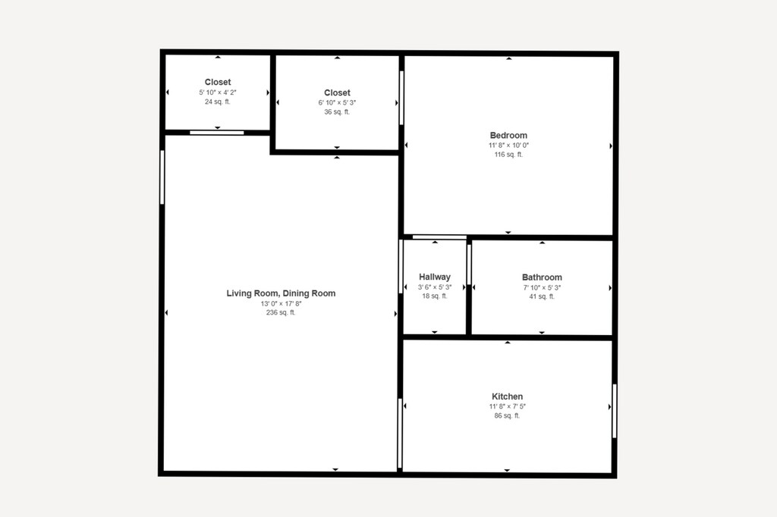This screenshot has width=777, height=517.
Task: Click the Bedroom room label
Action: [508, 135]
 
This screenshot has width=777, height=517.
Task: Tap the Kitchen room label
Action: [507, 396]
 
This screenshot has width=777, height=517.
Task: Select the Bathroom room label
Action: [542, 277]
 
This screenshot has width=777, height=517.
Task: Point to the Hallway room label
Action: [435, 277]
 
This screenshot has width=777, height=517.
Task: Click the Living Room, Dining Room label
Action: [281, 293]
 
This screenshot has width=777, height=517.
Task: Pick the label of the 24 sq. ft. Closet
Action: [218, 82]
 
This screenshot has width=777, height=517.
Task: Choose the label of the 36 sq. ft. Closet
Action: [337, 92]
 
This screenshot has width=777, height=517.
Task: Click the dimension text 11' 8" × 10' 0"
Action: [508, 146]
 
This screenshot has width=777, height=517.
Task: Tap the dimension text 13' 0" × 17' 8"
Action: [281, 303]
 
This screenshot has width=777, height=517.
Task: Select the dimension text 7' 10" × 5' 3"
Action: [542, 288]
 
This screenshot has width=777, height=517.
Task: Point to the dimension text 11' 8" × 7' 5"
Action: [507, 406]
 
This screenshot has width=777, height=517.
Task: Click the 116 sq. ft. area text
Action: [508, 155]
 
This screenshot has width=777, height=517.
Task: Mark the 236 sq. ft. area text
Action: [281, 312]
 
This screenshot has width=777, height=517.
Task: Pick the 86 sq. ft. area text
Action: [507, 415]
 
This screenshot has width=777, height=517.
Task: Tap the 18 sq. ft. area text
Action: [435, 296]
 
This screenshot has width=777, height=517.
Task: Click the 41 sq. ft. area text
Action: [542, 296]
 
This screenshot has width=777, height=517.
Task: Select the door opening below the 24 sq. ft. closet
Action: [217, 133]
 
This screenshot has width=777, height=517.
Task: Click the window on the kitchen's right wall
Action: [615, 411]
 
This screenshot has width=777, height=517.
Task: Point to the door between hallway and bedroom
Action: [439, 237]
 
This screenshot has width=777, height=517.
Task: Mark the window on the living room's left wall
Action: [162, 177]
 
